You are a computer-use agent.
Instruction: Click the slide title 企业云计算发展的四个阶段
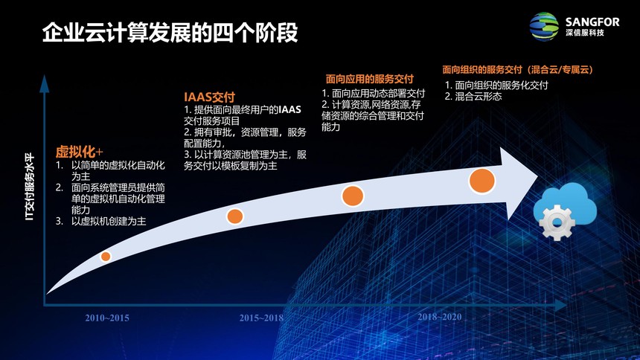point(170,33)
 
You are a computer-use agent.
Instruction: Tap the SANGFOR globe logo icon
point(544,27)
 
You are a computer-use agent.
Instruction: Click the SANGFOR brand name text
point(592,22)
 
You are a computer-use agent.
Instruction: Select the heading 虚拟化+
point(79,152)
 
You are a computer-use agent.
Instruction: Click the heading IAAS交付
point(209,97)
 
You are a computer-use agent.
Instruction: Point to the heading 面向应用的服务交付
point(369,79)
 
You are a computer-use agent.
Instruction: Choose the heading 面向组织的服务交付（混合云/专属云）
point(517,69)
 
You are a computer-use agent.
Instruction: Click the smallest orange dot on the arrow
point(106,257)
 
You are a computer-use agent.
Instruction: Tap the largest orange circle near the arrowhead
point(482,181)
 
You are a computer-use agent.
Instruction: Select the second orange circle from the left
point(234,216)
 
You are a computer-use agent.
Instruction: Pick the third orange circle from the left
point(352,196)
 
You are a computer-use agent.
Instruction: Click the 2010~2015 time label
point(107,318)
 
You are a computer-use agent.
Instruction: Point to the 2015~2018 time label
point(261,318)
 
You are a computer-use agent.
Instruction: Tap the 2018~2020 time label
point(440,317)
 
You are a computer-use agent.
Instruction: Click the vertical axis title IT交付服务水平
point(30,187)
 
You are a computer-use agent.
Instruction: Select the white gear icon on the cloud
point(557,222)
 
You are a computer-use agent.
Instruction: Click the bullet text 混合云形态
point(478,97)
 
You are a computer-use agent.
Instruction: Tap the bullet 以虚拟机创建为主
point(109,221)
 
